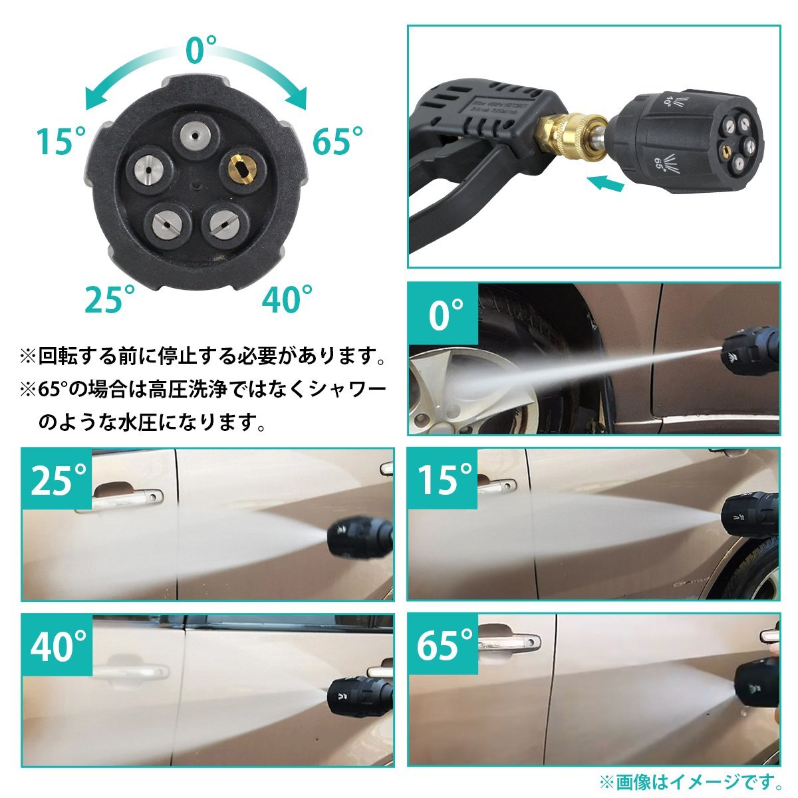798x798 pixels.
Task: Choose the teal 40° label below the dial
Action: pyautogui.click(x=288, y=299)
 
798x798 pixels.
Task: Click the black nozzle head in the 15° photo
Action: pyautogui.click(x=751, y=516)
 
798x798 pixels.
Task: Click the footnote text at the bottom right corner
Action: pyautogui.click(x=689, y=779)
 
